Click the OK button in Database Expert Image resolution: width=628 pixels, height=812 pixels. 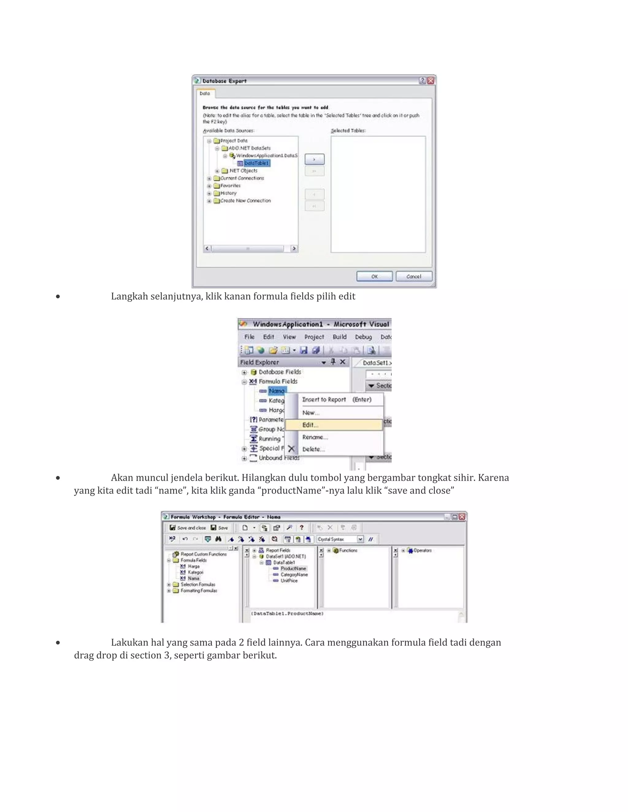(x=374, y=276)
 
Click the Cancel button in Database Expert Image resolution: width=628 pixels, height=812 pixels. (x=413, y=276)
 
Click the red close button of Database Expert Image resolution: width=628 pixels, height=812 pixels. (x=431, y=81)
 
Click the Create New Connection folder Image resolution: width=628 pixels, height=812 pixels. (x=245, y=201)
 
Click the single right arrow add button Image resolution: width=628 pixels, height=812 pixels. (x=314, y=159)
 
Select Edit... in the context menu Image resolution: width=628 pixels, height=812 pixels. (x=310, y=425)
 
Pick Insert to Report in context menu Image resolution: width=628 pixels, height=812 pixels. (x=324, y=400)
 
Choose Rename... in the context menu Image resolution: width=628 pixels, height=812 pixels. (x=315, y=437)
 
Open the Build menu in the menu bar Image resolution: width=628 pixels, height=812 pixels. (x=339, y=337)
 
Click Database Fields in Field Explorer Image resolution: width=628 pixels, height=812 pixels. (x=279, y=372)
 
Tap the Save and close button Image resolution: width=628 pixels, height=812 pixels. (x=188, y=528)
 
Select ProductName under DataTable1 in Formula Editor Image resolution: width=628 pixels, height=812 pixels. (x=293, y=568)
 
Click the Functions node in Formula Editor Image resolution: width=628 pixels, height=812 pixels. (x=347, y=550)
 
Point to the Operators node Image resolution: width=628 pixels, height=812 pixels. (x=422, y=550)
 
